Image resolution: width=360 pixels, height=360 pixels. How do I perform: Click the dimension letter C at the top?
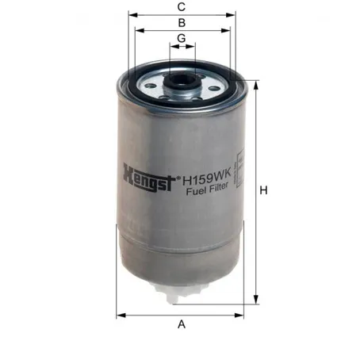(182, 7)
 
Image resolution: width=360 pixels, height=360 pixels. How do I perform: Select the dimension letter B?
(182, 23)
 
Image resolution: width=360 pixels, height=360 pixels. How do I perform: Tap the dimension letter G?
(182, 38)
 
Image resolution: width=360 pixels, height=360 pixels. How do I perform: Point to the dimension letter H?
(263, 190)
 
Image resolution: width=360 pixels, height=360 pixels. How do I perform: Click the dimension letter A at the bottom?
(182, 324)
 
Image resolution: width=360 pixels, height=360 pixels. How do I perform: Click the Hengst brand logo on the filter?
(149, 178)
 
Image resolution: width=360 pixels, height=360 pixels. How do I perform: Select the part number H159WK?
(207, 177)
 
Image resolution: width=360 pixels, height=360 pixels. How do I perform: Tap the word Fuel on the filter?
(196, 190)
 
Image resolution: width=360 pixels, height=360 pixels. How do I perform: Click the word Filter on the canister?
(218, 188)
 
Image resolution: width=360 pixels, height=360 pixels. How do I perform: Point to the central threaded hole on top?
(182, 80)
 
